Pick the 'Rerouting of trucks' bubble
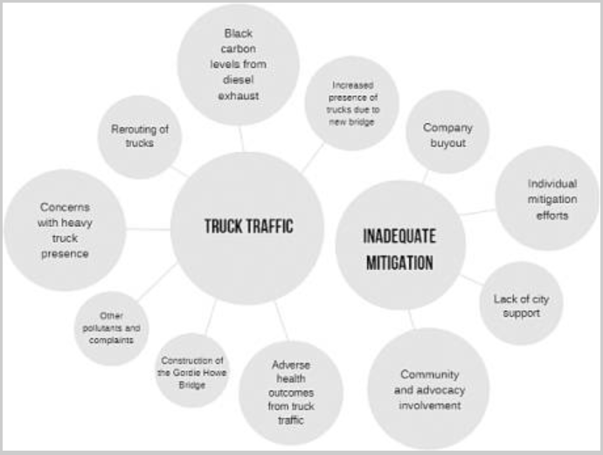[x=140, y=136]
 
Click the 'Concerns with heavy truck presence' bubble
[x=65, y=231]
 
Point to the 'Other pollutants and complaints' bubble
[x=111, y=328]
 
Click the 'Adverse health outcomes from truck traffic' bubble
[x=291, y=392]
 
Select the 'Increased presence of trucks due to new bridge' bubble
[x=352, y=103]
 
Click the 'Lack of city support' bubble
[x=521, y=305]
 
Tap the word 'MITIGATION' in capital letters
[x=399, y=260]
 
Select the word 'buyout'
[x=447, y=141]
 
